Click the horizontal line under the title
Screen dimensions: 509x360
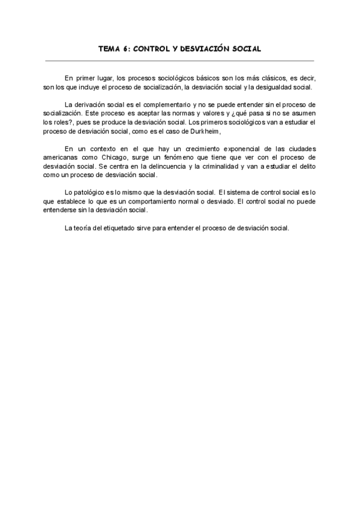(x=179, y=61)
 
